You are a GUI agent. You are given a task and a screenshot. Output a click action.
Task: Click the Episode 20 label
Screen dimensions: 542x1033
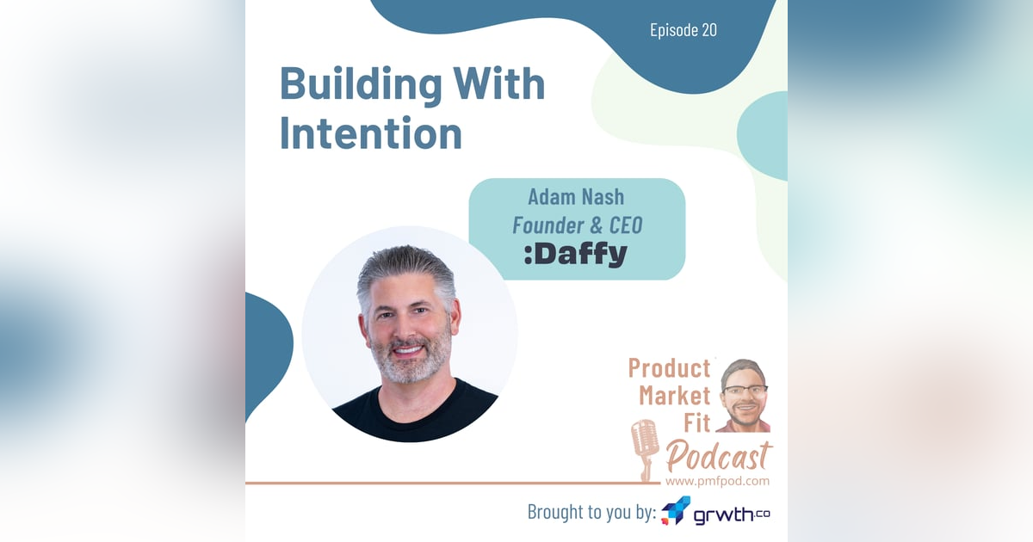(x=684, y=30)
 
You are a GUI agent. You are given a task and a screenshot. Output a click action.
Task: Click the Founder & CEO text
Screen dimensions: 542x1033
(x=577, y=225)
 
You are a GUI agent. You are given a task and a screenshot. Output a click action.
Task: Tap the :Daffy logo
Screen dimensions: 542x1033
(x=575, y=254)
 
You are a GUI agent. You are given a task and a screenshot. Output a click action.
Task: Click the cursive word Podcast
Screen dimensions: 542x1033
(x=717, y=456)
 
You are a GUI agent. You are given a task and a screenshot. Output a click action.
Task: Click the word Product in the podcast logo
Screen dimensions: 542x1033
(x=669, y=368)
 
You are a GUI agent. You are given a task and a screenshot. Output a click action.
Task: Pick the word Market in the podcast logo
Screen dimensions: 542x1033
(x=674, y=396)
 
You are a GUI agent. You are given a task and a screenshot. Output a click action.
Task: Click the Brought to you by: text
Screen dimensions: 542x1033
(x=591, y=513)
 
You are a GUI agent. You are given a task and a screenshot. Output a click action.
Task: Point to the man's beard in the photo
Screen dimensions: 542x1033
(x=409, y=361)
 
